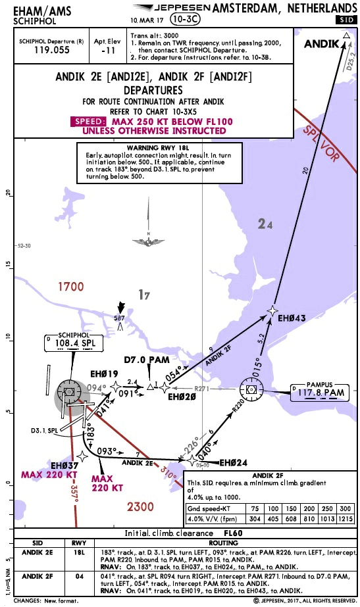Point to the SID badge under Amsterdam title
click(x=346, y=20)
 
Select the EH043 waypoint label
click(x=293, y=319)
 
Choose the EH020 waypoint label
click(x=182, y=397)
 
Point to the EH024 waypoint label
click(x=233, y=462)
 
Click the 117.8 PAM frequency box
click(x=321, y=393)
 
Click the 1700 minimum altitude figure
click(x=70, y=287)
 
